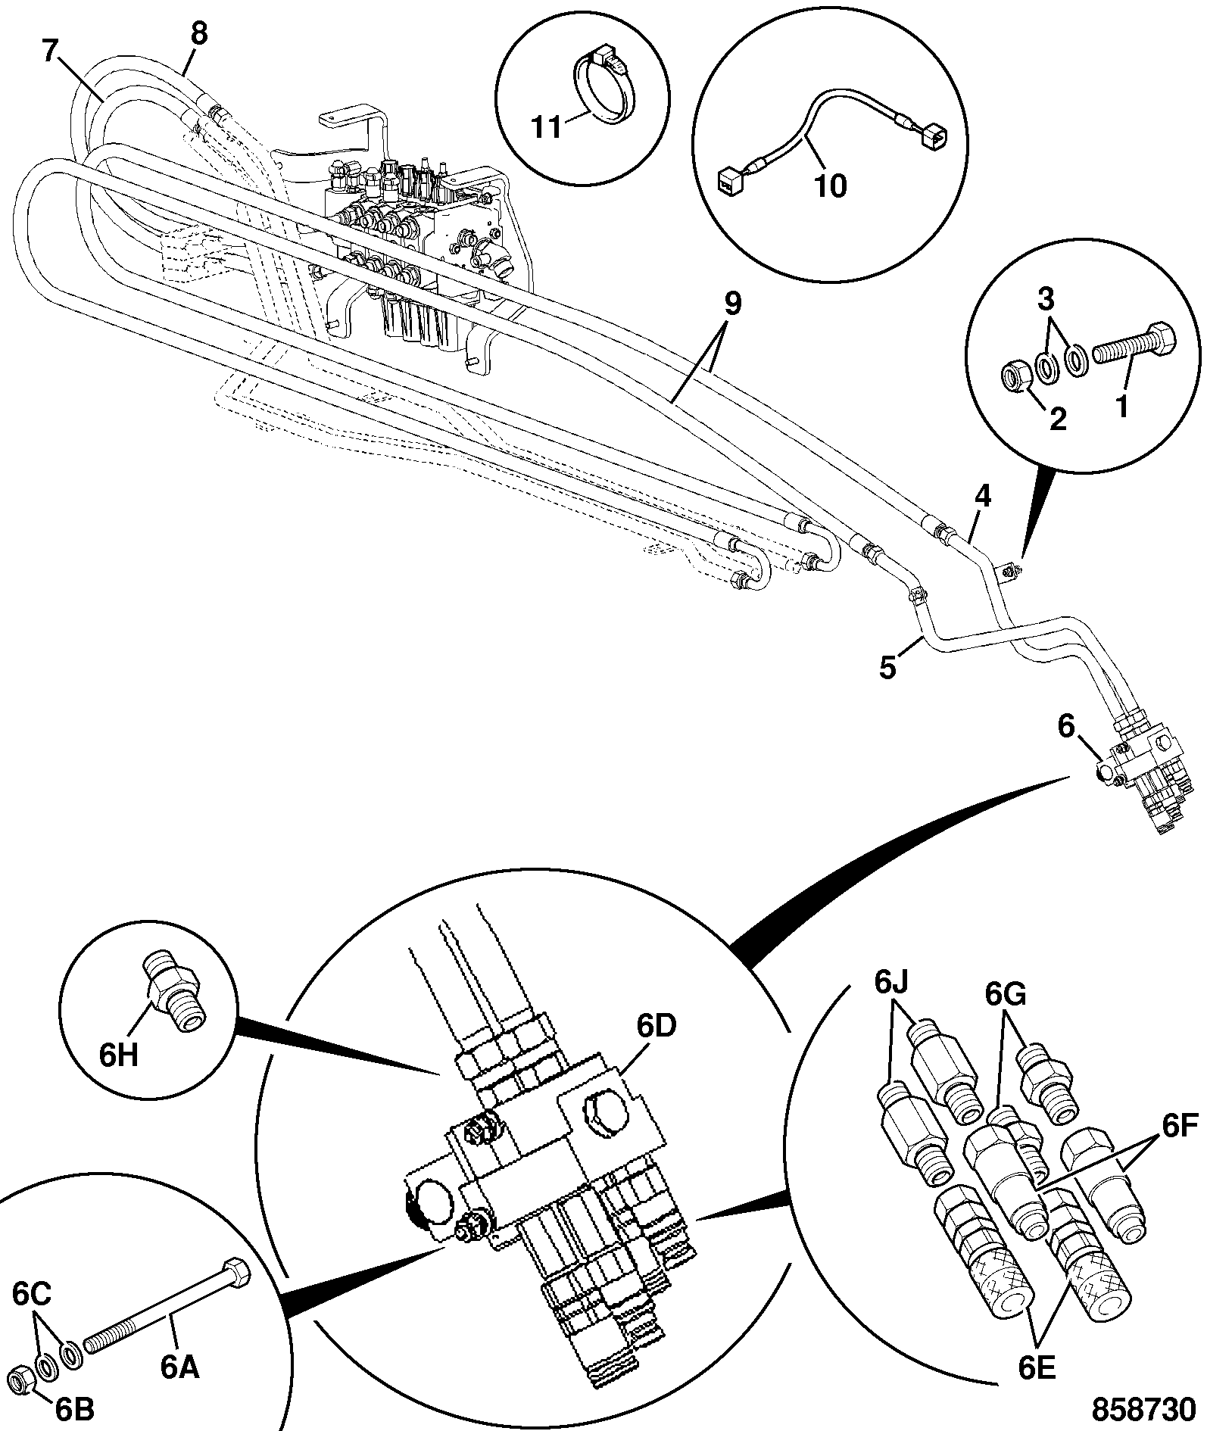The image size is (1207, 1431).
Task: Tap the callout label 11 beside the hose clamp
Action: (547, 126)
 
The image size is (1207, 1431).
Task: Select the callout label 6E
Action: (1037, 1367)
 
